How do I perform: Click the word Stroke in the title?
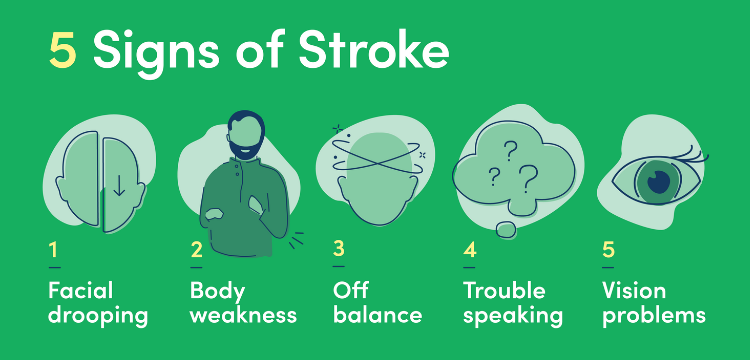(x=379, y=52)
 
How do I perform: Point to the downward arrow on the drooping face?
(x=119, y=185)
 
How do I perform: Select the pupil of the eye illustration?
(x=658, y=181)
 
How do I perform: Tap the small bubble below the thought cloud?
(x=506, y=230)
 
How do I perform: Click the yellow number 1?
(x=53, y=250)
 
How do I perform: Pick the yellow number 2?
(x=196, y=250)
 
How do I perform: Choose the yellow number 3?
(x=338, y=250)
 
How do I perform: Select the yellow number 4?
(x=469, y=250)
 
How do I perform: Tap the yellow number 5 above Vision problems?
(x=608, y=250)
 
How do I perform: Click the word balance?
(x=377, y=315)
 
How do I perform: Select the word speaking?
(x=513, y=316)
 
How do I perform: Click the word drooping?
(x=97, y=316)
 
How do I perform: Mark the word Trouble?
(x=504, y=291)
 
